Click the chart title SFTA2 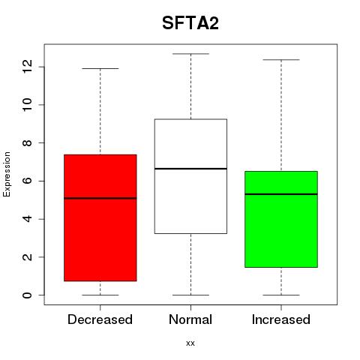coord(190,23)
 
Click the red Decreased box coord(100,217)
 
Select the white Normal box coord(190,176)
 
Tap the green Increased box coord(281,219)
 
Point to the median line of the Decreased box coord(100,198)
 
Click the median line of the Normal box coord(190,169)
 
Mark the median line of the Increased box coord(281,194)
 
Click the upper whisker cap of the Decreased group coord(100,68)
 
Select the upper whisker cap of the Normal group coord(190,54)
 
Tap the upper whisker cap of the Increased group coord(281,60)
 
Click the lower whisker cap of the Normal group coord(190,295)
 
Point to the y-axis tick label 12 coord(28,67)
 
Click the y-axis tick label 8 coord(28,142)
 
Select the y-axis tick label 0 coord(28,295)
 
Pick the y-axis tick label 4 coord(28,219)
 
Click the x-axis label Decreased coord(100,319)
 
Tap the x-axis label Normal coord(190,319)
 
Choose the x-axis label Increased coord(281,319)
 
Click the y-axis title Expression coord(7,174)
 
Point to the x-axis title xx coord(190,343)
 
